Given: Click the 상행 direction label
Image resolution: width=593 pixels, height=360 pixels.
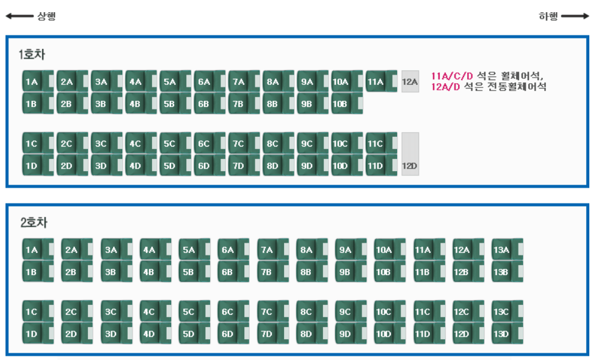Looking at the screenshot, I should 46,17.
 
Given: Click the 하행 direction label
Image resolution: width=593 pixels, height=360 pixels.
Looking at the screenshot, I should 548,17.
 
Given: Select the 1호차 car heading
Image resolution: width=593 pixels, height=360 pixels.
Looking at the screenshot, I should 32,55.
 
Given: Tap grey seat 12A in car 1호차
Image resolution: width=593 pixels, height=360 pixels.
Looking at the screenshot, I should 410,81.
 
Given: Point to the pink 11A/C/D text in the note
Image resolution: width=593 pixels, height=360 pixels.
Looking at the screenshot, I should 452,76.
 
